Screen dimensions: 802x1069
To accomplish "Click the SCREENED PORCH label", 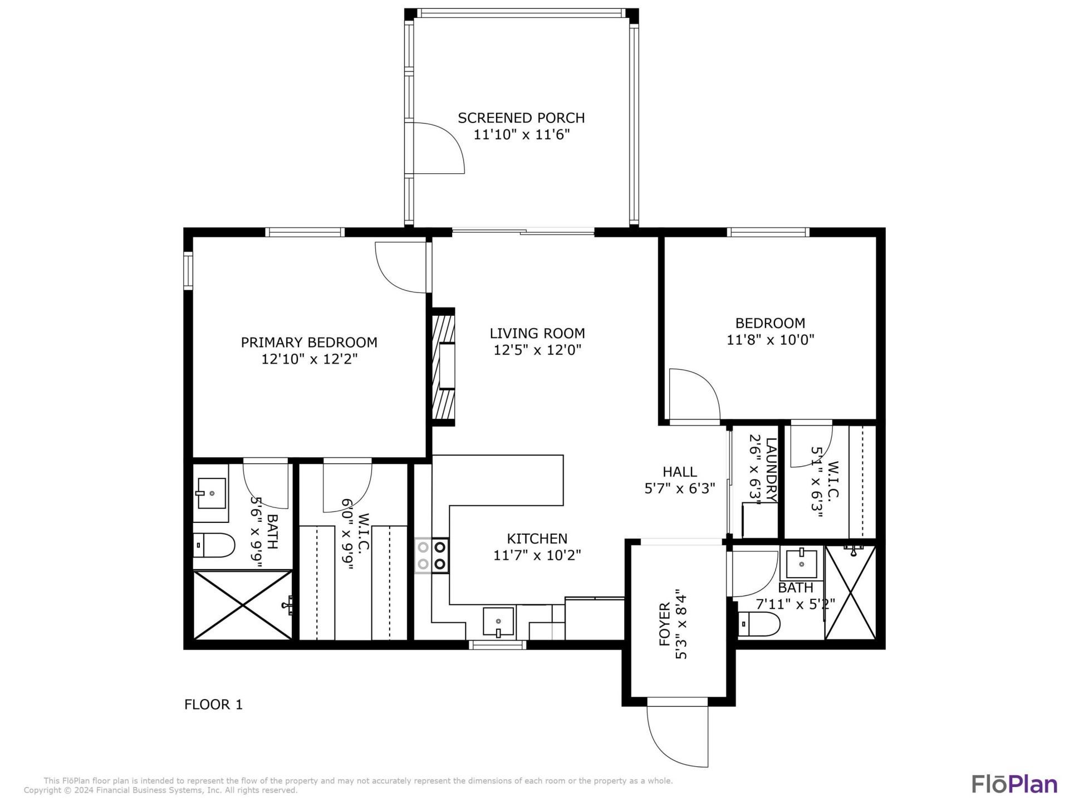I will coord(521,118).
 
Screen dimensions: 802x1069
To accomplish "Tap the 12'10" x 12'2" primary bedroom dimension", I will coord(309,359).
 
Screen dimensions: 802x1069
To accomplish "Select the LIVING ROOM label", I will coord(537,333).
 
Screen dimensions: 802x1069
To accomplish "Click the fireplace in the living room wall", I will coord(444,367).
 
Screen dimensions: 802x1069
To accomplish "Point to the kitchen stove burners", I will coord(431,555).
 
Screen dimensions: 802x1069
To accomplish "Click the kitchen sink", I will coord(498,622).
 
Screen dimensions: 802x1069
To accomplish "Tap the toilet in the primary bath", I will coord(214,546).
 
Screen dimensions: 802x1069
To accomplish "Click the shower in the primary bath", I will coord(243,605).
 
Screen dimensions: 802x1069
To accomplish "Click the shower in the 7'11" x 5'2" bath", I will coord(850,592).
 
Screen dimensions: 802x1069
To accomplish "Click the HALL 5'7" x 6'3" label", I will coord(680,480).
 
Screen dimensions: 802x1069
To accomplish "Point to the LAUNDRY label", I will coord(771,470).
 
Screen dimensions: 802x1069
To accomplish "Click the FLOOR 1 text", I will coord(213,705).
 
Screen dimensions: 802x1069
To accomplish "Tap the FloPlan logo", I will coord(1014,784).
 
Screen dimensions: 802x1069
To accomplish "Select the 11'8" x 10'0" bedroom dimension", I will coord(770,340).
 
